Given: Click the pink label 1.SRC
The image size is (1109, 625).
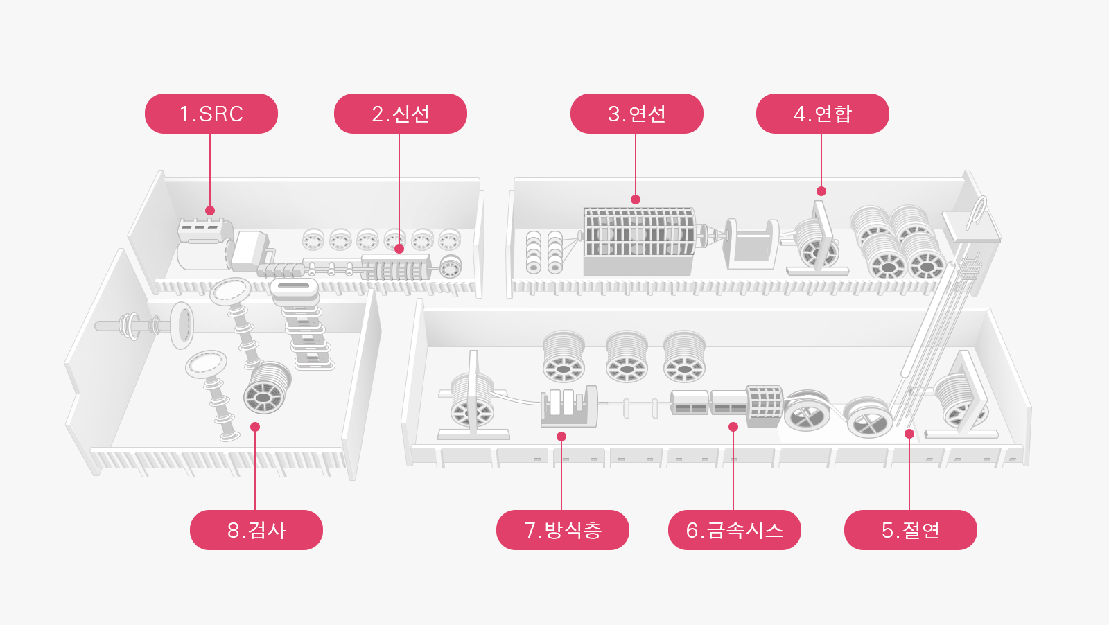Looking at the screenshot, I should pyautogui.click(x=211, y=114).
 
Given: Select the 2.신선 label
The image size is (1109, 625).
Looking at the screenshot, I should pyautogui.click(x=400, y=114).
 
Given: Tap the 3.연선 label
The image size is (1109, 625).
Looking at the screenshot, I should pyautogui.click(x=636, y=114).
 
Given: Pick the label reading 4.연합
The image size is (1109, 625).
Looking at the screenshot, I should pyautogui.click(x=822, y=114).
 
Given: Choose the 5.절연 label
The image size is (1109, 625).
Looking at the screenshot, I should pyautogui.click(x=910, y=530).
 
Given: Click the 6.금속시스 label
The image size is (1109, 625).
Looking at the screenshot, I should pyautogui.click(x=734, y=530).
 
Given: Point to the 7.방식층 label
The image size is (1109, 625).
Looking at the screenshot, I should pyautogui.click(x=562, y=530).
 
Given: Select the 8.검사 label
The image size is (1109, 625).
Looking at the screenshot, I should pyautogui.click(x=256, y=530).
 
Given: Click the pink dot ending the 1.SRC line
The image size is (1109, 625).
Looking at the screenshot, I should pyautogui.click(x=210, y=211).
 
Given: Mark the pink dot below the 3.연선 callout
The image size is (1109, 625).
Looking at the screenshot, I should pyautogui.click(x=636, y=200).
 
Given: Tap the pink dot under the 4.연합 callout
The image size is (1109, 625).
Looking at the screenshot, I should pyautogui.click(x=821, y=191).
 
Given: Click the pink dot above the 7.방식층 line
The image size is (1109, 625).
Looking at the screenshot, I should pyautogui.click(x=561, y=437).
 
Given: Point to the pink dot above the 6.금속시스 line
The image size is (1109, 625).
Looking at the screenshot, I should pyautogui.click(x=733, y=427).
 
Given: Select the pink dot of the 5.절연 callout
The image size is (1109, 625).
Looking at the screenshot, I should pyautogui.click(x=909, y=434).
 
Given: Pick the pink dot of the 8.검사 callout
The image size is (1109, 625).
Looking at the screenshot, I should pyautogui.click(x=255, y=427).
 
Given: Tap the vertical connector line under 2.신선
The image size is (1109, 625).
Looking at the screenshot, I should pyautogui.click(x=399, y=187).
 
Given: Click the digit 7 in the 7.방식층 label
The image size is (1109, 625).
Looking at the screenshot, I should pyautogui.click(x=531, y=530).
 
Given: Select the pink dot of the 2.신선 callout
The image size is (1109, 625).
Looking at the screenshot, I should pyautogui.click(x=399, y=249).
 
